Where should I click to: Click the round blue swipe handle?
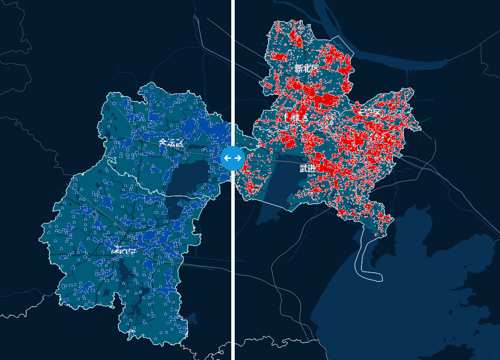click(x=233, y=158)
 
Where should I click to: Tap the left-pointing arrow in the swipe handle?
click(x=227, y=158)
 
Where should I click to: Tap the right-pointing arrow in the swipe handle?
click(x=238, y=158)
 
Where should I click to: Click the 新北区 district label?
click(x=306, y=69)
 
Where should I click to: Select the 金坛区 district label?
click(x=171, y=143)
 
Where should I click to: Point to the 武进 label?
click(x=307, y=169)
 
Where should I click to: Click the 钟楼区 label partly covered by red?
click(x=298, y=118)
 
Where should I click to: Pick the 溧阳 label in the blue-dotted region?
click(x=124, y=251)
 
